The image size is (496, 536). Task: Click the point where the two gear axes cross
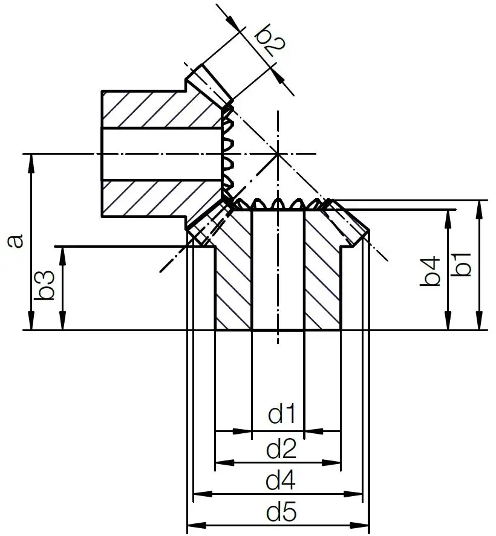point(278,154)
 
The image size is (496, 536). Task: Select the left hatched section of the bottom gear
point(233,272)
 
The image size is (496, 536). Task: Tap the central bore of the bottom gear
point(278,272)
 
